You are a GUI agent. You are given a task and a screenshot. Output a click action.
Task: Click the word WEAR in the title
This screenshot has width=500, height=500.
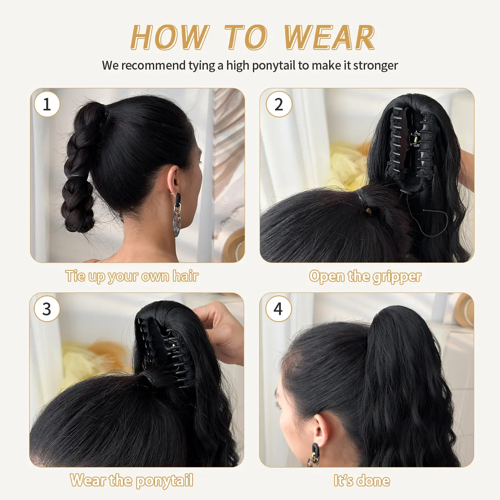(x=329, y=37)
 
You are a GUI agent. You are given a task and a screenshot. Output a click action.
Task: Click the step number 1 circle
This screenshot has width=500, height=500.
(x=47, y=104)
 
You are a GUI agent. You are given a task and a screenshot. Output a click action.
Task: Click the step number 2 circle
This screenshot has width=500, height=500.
(x=279, y=104)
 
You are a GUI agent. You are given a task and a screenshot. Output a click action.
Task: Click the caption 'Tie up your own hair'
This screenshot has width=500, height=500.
(x=132, y=276)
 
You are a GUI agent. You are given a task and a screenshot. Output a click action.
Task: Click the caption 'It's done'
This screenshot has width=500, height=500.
(x=362, y=480)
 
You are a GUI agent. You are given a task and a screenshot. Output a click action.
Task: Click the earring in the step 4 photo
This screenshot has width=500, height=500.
(x=314, y=455)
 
